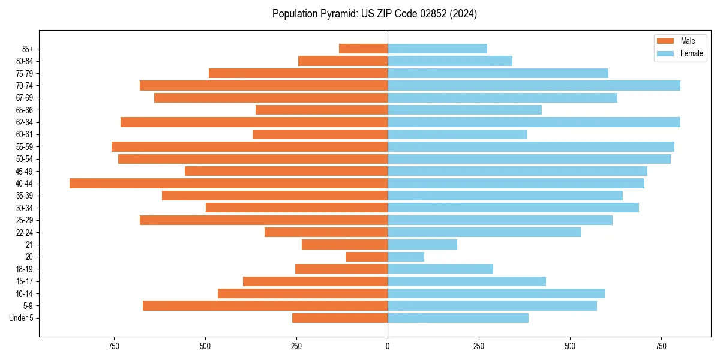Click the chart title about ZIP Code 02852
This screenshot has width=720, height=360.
[374, 14]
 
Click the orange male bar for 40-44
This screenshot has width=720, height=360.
[229, 184]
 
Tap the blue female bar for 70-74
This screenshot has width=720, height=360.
[534, 86]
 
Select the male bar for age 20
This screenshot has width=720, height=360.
[367, 257]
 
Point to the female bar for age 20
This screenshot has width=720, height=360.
[406, 257]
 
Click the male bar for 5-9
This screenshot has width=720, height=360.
[265, 306]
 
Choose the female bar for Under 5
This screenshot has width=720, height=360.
[458, 318]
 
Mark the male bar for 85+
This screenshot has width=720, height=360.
[363, 49]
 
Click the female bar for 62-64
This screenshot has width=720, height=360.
[534, 122]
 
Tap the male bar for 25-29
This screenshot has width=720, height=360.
[263, 220]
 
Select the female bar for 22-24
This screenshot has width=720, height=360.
[484, 232]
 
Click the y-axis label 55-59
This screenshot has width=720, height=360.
[24, 147]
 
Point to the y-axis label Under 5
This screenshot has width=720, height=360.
[21, 318]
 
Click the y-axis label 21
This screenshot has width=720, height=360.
[29, 245]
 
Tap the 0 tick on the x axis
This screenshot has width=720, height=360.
[388, 346]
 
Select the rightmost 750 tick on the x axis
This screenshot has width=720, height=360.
[661, 346]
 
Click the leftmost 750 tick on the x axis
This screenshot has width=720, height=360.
[114, 346]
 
